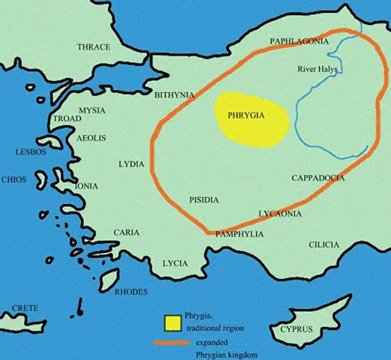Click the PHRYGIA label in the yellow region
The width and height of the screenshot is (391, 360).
pos(251,116)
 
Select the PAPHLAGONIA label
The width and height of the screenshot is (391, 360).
pos(299,42)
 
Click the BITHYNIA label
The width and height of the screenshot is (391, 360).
pos(174,95)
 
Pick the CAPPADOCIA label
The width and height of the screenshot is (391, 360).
pos(318,178)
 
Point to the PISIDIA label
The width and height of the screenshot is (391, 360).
pos(203,199)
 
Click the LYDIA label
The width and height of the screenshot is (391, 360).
pos(132,163)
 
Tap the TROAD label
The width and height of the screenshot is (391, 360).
pos(67,119)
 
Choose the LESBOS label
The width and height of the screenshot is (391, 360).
pos(31,152)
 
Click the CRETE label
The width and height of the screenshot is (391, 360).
pos(25,309)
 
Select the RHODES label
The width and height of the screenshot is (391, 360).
pos(131,292)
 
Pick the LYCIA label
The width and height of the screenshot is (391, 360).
pos(176,263)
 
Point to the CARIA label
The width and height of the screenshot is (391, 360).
pos(126,232)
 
